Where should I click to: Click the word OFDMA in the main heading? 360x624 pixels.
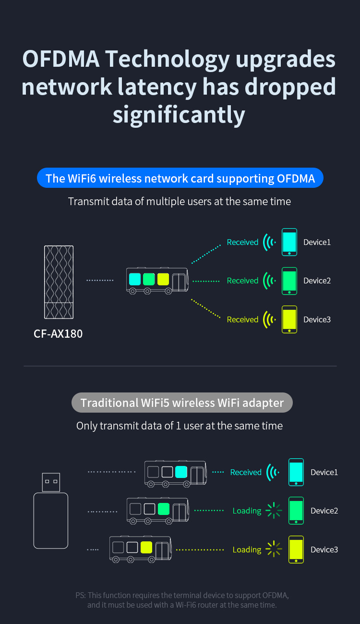point(61,59)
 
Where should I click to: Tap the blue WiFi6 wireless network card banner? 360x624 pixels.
point(180,179)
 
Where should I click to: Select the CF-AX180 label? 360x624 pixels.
point(58,333)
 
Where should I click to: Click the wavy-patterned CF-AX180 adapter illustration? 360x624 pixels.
point(59,282)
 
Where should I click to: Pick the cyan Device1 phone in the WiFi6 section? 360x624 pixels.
point(289,242)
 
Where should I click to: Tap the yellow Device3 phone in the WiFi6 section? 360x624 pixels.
point(289,319)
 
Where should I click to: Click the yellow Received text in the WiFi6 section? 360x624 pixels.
point(242,319)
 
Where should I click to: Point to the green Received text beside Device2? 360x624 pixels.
point(242,281)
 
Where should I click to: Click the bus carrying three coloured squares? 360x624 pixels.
point(157,281)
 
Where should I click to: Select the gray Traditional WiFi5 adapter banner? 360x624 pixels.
point(182,403)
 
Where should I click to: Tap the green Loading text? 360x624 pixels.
point(247,511)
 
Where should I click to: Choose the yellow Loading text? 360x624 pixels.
point(247,550)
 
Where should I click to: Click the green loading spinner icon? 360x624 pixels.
point(274,511)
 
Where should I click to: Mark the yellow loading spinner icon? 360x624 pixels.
point(274,549)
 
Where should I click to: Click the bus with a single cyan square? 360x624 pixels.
point(176,473)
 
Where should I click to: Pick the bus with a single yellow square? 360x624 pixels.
point(141,549)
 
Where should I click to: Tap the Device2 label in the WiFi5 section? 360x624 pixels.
point(324,511)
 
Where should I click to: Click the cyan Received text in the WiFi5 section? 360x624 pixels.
point(246,473)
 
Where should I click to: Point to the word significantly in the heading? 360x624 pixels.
point(179,115)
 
